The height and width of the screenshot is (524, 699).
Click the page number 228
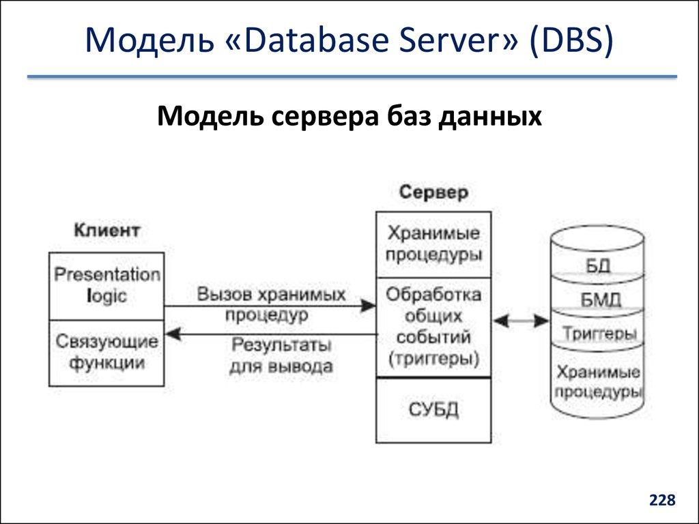coord(662,501)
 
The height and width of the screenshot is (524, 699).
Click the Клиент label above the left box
coord(107,230)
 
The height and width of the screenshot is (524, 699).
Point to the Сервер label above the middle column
coord(433,192)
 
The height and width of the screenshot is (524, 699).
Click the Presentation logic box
coord(107,286)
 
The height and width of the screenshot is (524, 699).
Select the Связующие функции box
coord(107,352)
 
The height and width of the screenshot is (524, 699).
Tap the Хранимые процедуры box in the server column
coord(433,244)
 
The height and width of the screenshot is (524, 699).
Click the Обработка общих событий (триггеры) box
coord(433,327)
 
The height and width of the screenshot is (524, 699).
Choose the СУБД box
coord(433,410)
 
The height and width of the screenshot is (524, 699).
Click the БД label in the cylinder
coord(597,265)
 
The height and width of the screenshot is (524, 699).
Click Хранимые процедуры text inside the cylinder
coord(598,382)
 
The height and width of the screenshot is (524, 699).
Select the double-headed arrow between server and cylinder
coord(522,319)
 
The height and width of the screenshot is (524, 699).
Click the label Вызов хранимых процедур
coord(270,304)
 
